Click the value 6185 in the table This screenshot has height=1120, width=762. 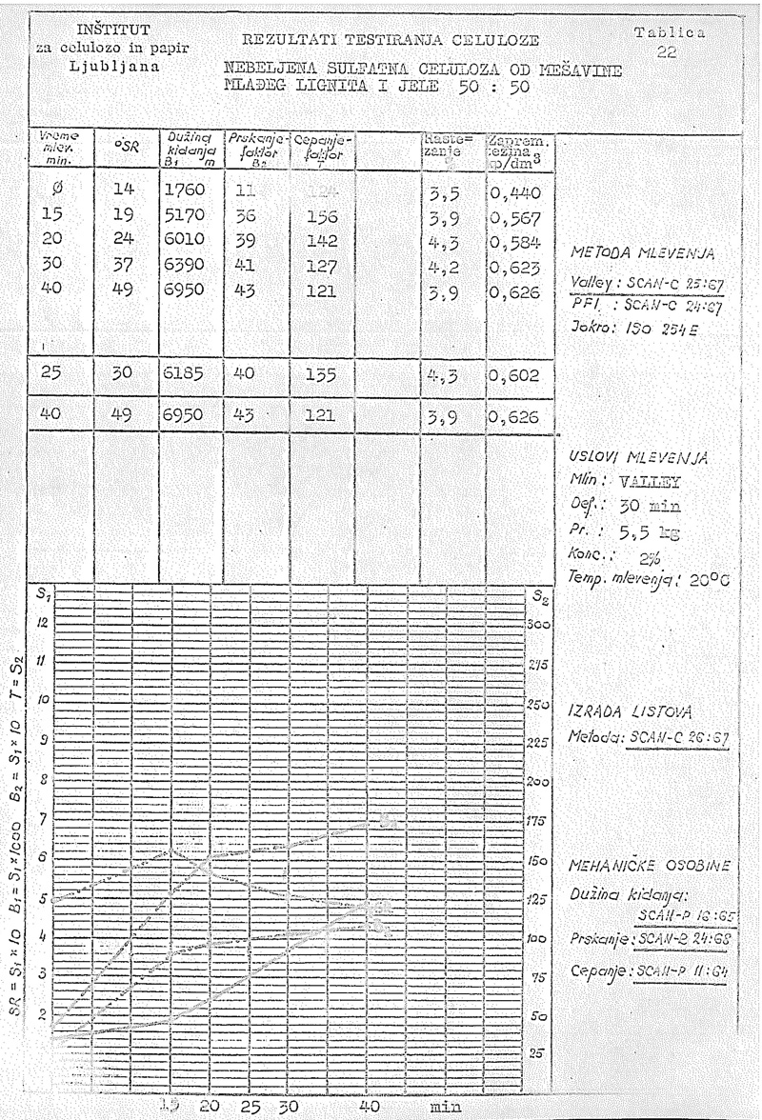click(x=180, y=375)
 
